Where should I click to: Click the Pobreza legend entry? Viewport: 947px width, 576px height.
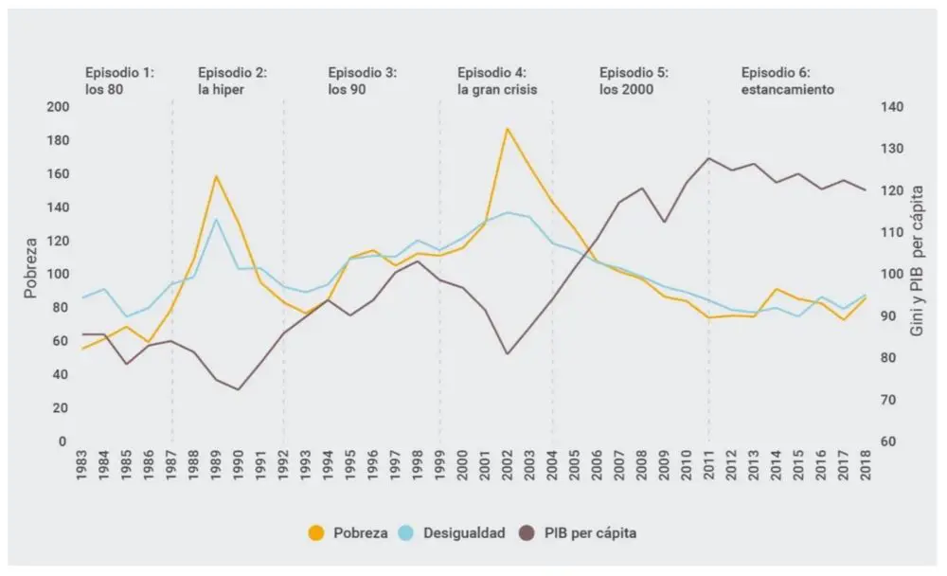(349, 532)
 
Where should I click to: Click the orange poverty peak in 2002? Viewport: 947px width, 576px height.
(508, 129)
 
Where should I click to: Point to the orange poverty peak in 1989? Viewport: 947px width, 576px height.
(216, 176)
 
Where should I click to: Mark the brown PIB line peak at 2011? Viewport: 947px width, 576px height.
(708, 157)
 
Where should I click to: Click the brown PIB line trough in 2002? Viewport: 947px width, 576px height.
(508, 354)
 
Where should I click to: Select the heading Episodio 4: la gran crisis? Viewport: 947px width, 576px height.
(497, 81)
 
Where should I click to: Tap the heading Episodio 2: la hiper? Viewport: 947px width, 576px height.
(232, 81)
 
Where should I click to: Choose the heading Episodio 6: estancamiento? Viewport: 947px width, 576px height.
(787, 81)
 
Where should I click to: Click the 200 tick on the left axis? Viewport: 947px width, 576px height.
(58, 107)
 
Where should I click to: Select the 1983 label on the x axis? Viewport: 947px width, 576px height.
(82, 467)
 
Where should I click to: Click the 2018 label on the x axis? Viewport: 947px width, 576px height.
(866, 467)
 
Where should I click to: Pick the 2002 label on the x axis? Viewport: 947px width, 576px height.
(508, 467)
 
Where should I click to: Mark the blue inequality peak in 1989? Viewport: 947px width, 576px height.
(216, 220)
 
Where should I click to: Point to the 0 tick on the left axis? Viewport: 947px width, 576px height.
(63, 441)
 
